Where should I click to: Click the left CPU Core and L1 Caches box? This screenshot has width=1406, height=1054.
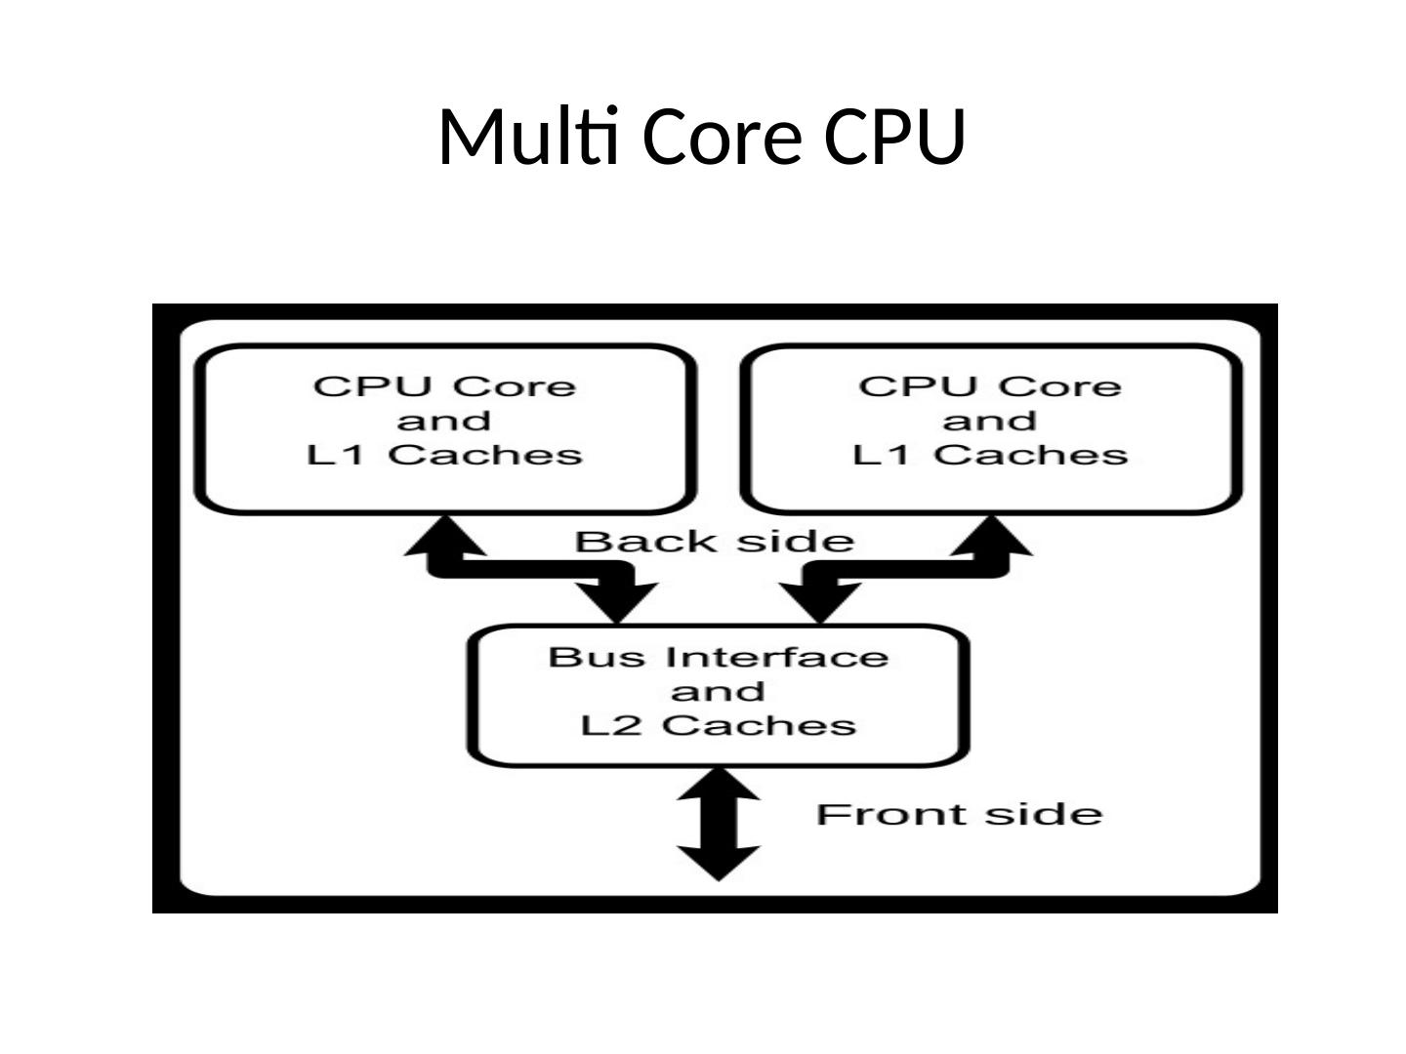(x=445, y=428)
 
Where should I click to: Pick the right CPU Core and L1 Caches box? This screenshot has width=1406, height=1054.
(x=991, y=428)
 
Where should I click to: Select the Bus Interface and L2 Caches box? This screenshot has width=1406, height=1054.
(x=719, y=695)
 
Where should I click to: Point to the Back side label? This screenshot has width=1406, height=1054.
(x=714, y=542)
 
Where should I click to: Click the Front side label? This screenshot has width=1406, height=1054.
(x=959, y=815)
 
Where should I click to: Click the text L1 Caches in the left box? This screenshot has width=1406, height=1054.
(x=445, y=455)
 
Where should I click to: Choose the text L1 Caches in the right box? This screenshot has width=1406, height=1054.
(x=990, y=455)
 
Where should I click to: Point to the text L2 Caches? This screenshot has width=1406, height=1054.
(x=719, y=725)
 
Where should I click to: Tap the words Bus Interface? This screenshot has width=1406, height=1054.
(x=719, y=657)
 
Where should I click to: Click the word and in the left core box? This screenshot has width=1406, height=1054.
(x=444, y=421)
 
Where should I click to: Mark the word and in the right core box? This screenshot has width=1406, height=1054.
(x=989, y=421)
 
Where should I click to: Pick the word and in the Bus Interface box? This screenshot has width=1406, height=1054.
(x=718, y=692)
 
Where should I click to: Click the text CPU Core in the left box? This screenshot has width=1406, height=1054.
(x=445, y=386)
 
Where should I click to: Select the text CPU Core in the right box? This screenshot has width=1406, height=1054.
(x=990, y=386)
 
